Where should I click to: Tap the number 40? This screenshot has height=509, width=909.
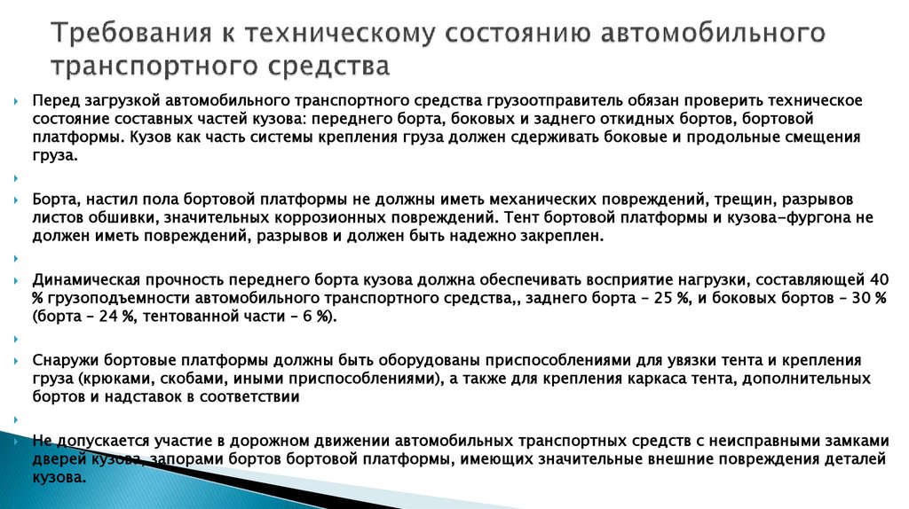[x=879, y=278]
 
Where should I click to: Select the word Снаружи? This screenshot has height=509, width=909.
[x=64, y=360]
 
